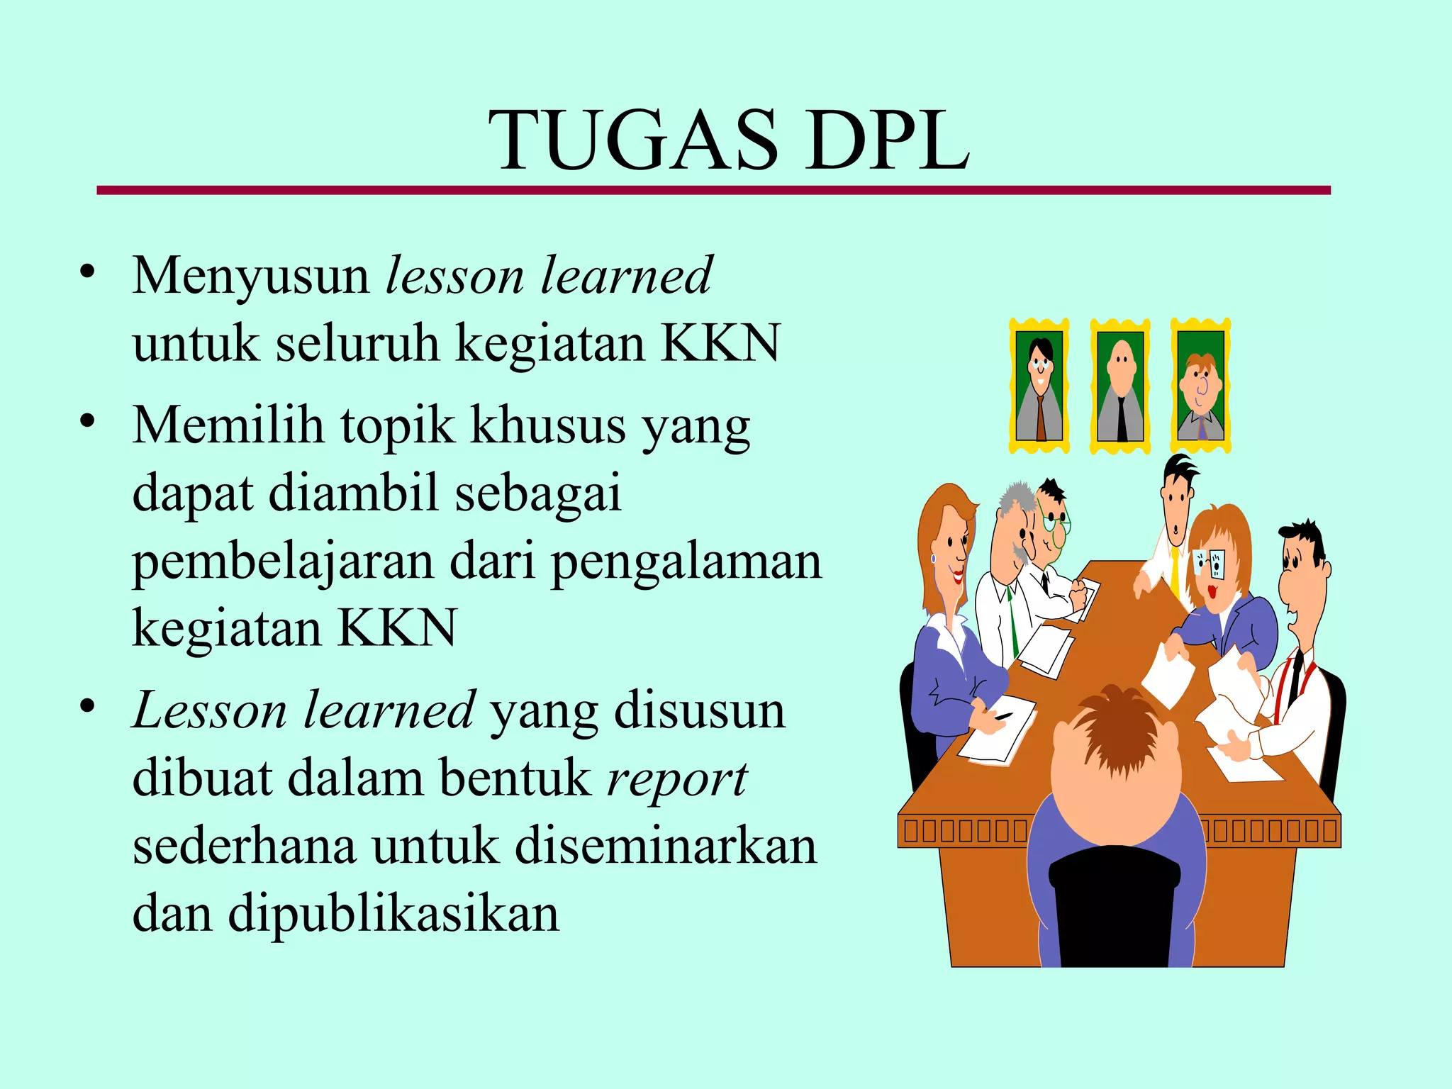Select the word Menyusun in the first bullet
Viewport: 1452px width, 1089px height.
(x=250, y=277)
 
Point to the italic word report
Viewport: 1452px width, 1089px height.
(x=677, y=778)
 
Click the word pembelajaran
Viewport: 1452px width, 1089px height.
(x=283, y=562)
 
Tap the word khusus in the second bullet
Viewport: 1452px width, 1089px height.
(x=549, y=425)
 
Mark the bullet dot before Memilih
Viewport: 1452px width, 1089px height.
(x=87, y=421)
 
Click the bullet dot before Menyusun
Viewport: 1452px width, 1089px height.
(x=87, y=272)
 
